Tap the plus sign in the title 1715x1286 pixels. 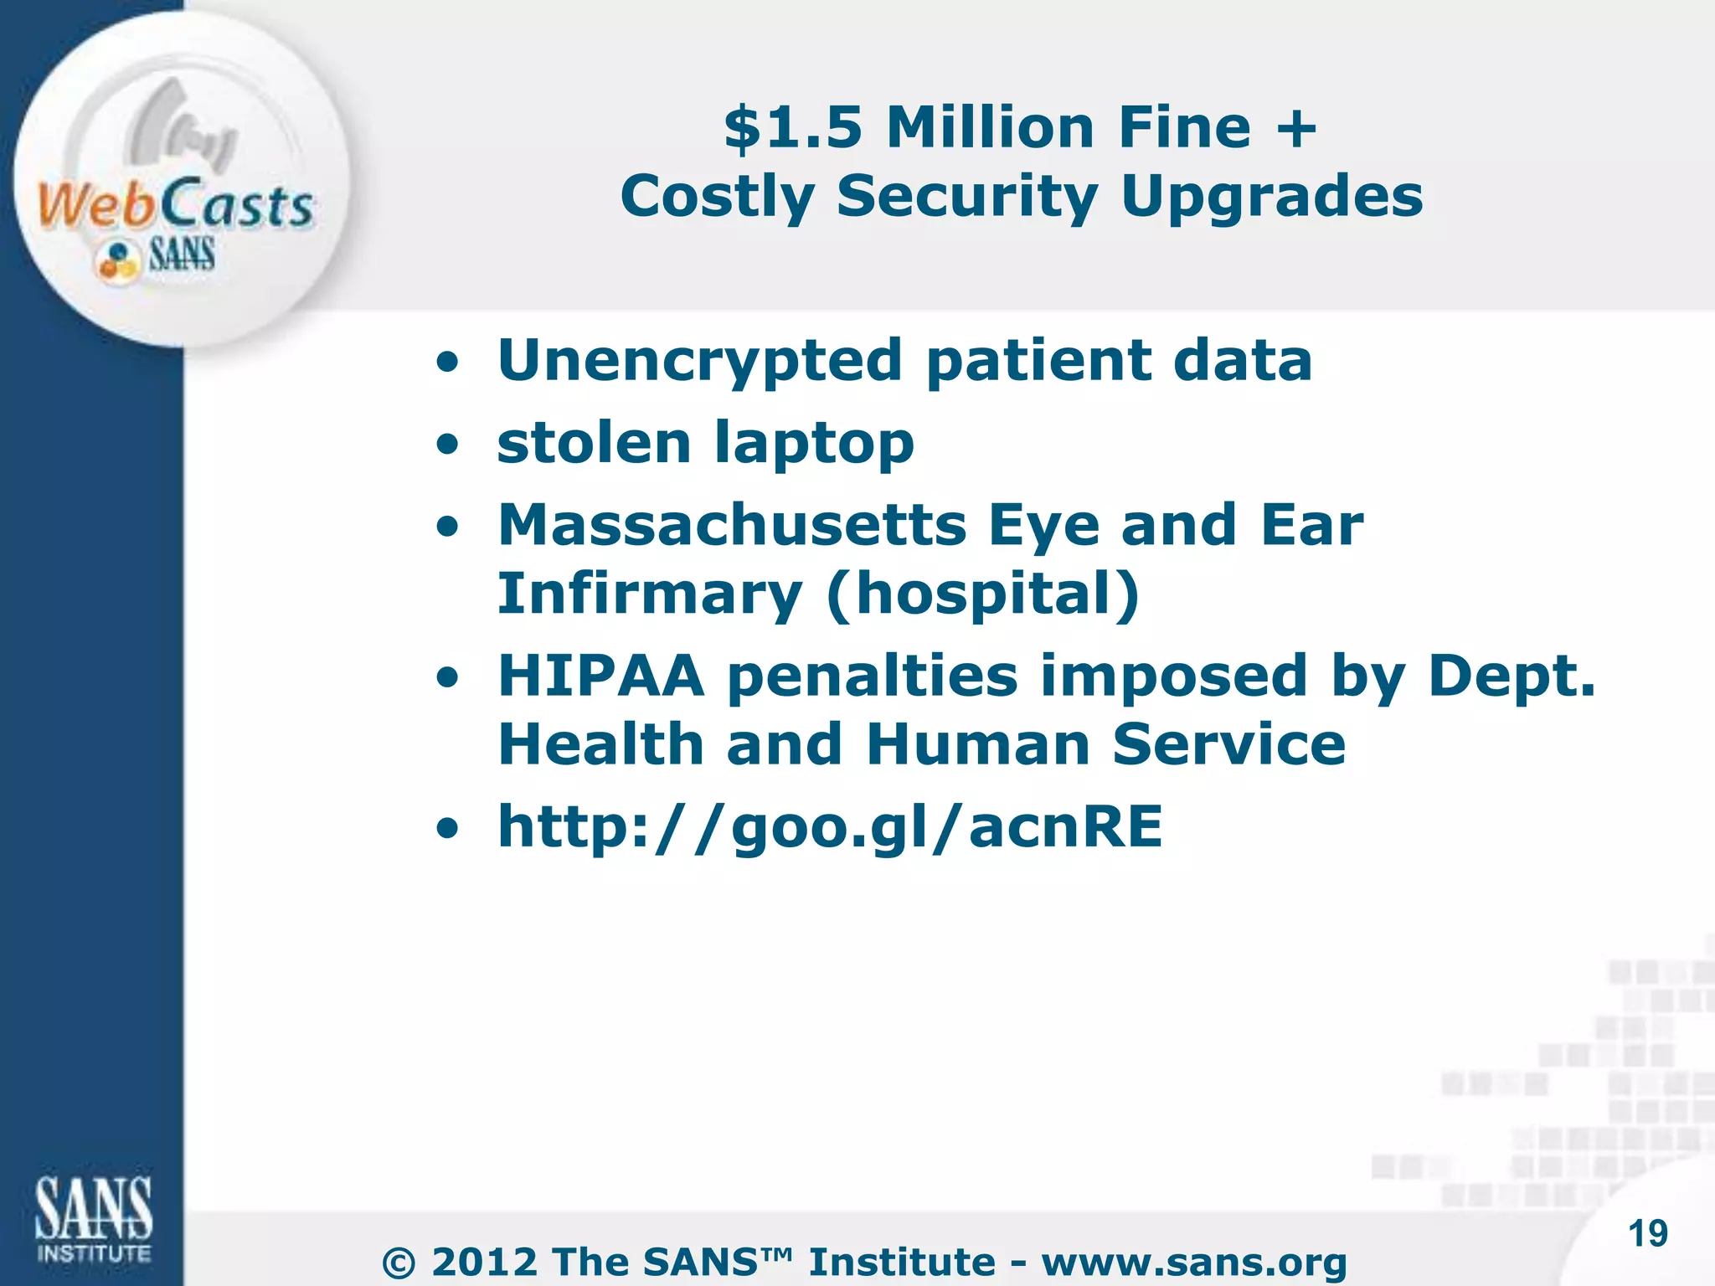tap(1295, 130)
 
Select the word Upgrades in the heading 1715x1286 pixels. tap(1272, 198)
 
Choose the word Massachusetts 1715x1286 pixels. tap(732, 525)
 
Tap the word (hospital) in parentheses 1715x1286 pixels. tap(982, 594)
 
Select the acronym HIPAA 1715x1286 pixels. tap(600, 676)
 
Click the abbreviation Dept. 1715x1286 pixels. tap(1512, 676)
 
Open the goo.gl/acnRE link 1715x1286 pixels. tap(830, 827)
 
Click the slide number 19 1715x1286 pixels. tap(1648, 1234)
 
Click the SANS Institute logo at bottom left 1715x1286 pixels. tap(93, 1219)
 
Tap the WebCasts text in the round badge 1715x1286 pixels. tap(175, 205)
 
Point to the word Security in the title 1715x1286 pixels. tap(967, 198)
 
